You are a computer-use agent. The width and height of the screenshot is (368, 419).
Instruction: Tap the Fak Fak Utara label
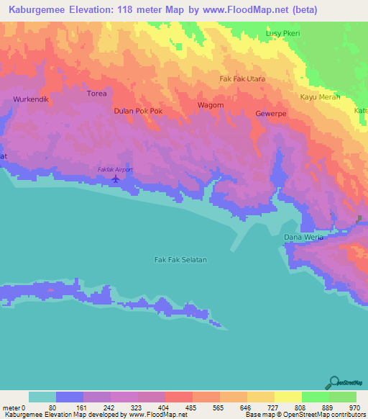pos(242,78)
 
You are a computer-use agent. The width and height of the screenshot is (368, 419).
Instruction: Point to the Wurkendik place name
pos(30,99)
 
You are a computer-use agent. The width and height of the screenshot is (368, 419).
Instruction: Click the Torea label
pos(96,94)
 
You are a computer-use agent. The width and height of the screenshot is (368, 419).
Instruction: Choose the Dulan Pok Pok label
pos(139,112)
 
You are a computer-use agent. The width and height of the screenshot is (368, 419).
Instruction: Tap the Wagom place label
pos(211,105)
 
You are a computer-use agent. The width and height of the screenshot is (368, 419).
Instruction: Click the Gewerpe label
pos(271,114)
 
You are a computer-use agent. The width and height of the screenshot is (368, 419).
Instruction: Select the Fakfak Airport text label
pos(115,169)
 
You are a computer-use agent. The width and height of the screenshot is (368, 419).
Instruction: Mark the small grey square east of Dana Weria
pos(360,219)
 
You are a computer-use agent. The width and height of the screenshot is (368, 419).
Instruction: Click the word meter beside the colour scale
pos(11,407)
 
